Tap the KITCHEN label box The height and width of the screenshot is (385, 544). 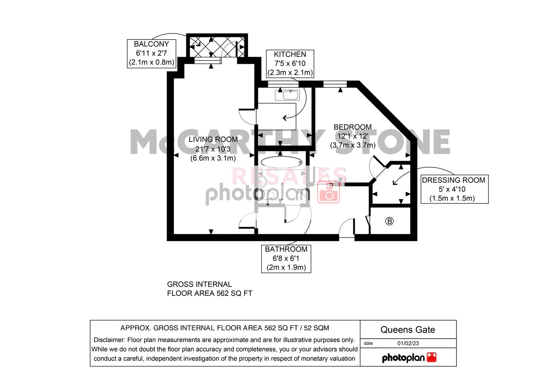coord(290,64)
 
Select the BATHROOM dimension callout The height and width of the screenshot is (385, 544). coord(286,258)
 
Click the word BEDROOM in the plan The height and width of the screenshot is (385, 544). coord(352,127)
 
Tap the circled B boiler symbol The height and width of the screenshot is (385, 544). coord(389,221)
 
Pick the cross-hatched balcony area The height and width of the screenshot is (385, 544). coord(217,46)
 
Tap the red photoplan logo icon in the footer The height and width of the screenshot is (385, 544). coord(431,357)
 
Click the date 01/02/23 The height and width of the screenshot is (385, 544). coord(408,343)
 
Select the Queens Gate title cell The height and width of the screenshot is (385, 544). coord(408,329)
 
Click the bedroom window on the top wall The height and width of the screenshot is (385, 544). coord(335,84)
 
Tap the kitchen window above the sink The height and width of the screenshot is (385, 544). coord(283,84)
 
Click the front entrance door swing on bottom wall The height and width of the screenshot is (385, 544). coord(346,229)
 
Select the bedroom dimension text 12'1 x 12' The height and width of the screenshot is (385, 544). coord(352,136)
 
